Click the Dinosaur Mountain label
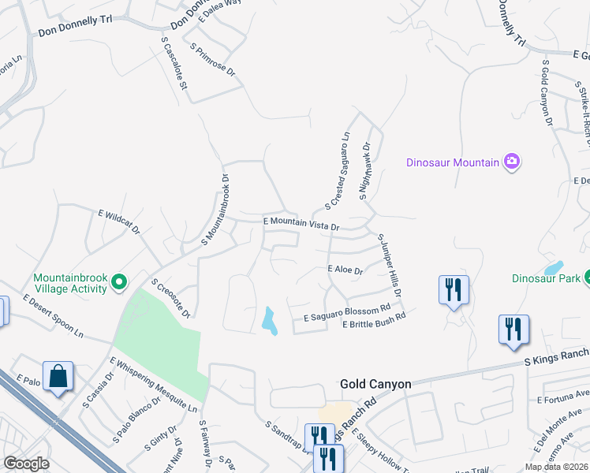coord(453,162)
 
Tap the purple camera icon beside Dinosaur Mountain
coord(512,162)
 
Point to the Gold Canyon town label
coord(375,384)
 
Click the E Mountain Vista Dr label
coord(301,224)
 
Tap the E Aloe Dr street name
coord(345,270)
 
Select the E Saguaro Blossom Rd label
coord(348,312)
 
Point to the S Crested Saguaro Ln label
coord(338,169)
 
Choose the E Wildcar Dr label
coord(118,222)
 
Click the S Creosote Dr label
coord(171,298)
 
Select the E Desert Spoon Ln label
coord(53,316)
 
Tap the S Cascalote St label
coord(174,62)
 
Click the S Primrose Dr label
coord(213,59)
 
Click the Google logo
coord(27,464)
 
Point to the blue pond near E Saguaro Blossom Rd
coord(270,320)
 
